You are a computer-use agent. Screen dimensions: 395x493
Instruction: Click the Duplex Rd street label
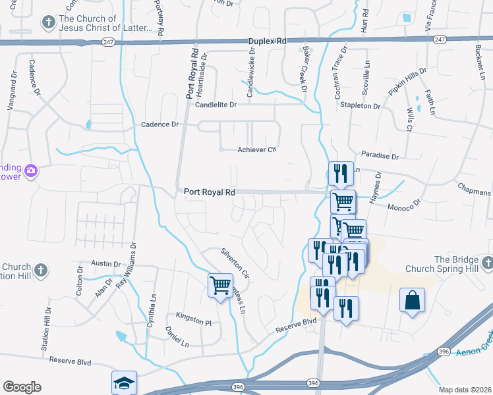pos(267,41)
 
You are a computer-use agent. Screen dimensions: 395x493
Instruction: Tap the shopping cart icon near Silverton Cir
pos(220,286)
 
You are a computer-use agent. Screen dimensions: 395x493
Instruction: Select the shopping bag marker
pos(412,300)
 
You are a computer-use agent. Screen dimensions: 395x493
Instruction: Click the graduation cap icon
pos(123,383)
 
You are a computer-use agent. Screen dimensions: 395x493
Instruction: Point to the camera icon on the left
pos(31,172)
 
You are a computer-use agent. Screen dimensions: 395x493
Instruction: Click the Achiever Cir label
pos(256,150)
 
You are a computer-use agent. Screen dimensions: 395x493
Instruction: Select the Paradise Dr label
pos(380,157)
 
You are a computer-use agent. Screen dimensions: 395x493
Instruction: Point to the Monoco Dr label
pos(403,207)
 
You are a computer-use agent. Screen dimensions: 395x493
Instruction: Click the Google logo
pos(22,387)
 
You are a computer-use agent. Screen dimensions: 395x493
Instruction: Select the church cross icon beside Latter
pos(47,24)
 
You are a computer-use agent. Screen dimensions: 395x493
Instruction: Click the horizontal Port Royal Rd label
pos(210,192)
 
